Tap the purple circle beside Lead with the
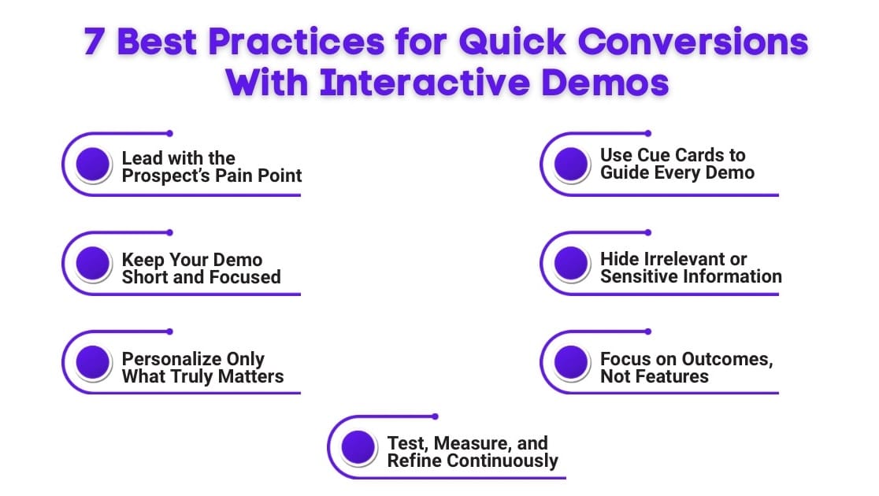(x=93, y=165)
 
